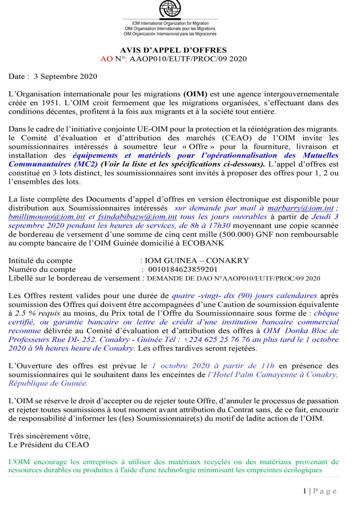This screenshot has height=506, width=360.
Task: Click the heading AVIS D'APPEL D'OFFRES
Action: pyautogui.click(x=173, y=50)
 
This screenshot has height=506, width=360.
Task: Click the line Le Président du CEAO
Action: pyautogui.click(x=49, y=445)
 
